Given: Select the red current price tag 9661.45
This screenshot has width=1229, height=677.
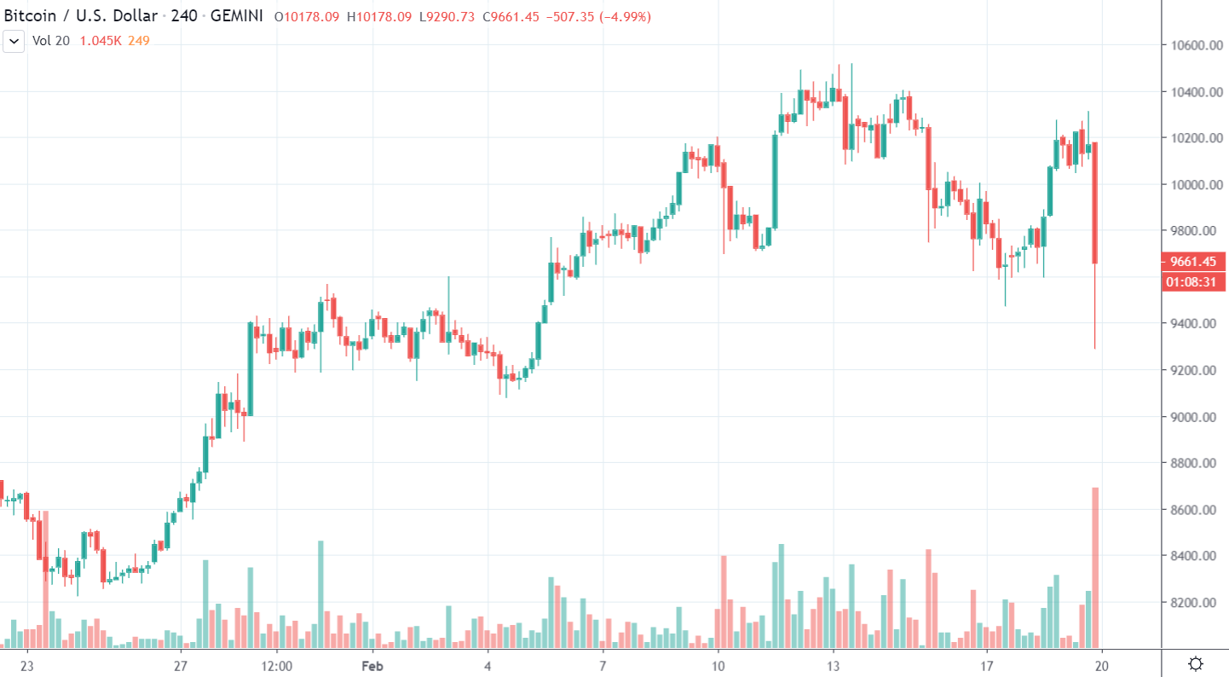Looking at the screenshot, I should (x=1192, y=262).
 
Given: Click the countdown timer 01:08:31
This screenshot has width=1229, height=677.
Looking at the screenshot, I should (x=1192, y=281).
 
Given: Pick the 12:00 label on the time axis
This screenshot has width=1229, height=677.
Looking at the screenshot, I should (x=276, y=664).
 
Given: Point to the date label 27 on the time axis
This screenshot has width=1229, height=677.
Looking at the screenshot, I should (x=180, y=664).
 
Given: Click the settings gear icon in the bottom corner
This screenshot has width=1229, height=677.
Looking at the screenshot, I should (x=1196, y=663).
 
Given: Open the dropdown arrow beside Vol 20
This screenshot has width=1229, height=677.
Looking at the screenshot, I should (x=13, y=41).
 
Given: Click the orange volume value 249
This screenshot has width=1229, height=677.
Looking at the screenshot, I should (x=139, y=41).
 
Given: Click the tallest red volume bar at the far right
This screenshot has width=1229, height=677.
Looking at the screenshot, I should (x=1095, y=567).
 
